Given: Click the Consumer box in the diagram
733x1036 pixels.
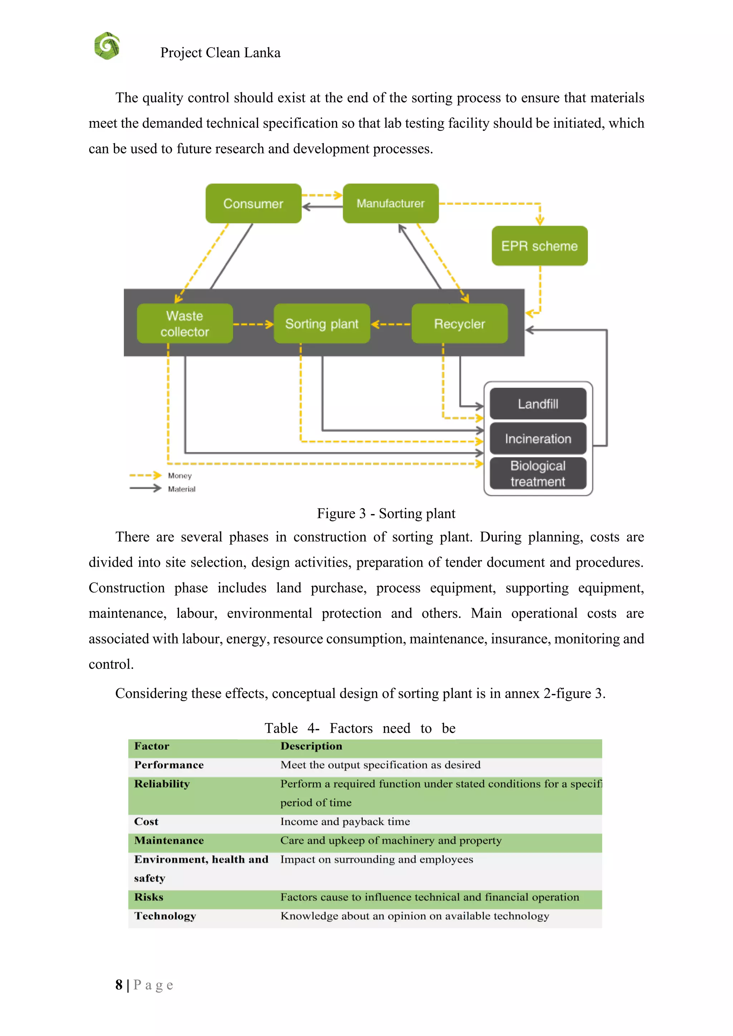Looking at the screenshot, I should click(x=253, y=204).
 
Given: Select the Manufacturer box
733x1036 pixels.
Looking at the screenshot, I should click(x=390, y=204).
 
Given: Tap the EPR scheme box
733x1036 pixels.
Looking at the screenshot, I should click(x=539, y=246).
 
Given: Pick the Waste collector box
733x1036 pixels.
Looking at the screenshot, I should click(x=185, y=323).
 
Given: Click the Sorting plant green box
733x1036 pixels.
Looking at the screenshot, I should click(x=322, y=323).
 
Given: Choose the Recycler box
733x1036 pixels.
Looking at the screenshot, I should click(x=460, y=323).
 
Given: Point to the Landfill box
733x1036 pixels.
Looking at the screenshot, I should click(x=538, y=404).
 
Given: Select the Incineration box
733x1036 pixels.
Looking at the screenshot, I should click(x=538, y=439).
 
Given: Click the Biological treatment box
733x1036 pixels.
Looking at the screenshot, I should click(x=538, y=473).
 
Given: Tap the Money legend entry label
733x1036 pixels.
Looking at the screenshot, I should click(x=180, y=475).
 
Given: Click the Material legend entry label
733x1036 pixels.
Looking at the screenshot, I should click(x=181, y=489).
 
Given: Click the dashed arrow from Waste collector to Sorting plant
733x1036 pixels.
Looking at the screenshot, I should click(x=253, y=324).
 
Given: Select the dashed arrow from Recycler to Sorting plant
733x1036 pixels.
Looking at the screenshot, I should click(x=391, y=324).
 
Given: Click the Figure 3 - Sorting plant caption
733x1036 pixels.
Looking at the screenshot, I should click(x=386, y=513).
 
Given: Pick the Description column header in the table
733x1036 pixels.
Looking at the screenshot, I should click(x=311, y=746).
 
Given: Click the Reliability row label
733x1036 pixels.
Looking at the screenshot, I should click(x=161, y=784).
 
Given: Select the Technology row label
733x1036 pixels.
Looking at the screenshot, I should click(x=165, y=916).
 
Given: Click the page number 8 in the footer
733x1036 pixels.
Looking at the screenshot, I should click(x=119, y=984).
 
